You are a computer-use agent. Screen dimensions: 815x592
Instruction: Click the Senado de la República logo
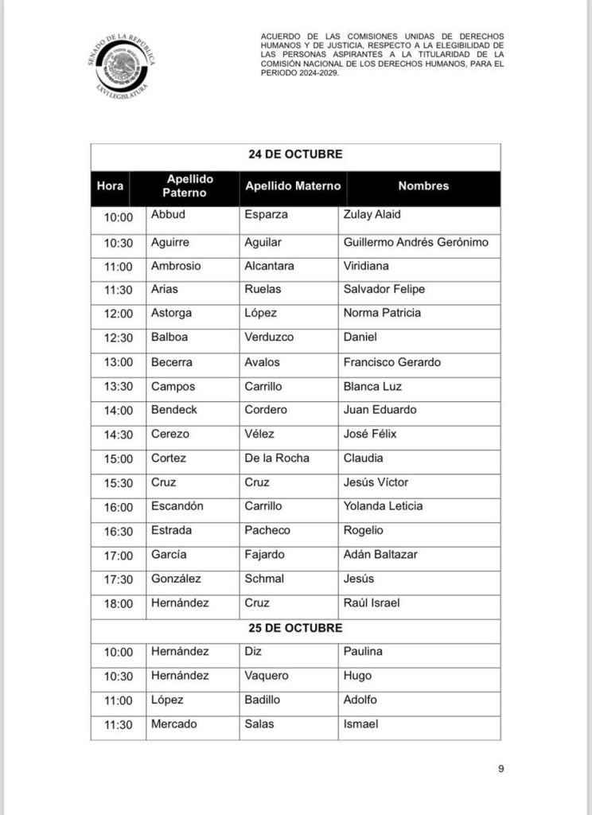pyautogui.click(x=122, y=67)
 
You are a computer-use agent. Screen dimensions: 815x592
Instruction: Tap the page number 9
pyautogui.click(x=501, y=768)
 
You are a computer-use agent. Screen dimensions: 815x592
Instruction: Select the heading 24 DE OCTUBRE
pyautogui.click(x=295, y=154)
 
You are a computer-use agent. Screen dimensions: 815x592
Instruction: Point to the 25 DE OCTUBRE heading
pyautogui.click(x=295, y=628)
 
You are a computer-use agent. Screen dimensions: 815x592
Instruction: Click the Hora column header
pyautogui.click(x=110, y=186)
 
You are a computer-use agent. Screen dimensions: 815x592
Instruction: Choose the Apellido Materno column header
pyautogui.click(x=293, y=186)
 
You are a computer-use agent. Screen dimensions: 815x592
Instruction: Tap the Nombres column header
pyautogui.click(x=423, y=186)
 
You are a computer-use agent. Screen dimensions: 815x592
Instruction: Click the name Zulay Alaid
pyautogui.click(x=372, y=215)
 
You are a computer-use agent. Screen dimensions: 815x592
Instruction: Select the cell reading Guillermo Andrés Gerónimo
pyautogui.click(x=415, y=242)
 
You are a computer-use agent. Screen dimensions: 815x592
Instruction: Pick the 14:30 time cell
pyautogui.click(x=118, y=435)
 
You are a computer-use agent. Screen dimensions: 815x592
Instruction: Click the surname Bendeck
pyautogui.click(x=174, y=410)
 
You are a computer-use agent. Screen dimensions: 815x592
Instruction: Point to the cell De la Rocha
pyautogui.click(x=277, y=458)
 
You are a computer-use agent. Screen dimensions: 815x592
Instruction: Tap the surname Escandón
pyautogui.click(x=177, y=506)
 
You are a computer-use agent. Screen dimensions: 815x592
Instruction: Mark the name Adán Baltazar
pyautogui.click(x=380, y=555)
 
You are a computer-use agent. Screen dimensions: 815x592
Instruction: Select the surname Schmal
pyautogui.click(x=264, y=579)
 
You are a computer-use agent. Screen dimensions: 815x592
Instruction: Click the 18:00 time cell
pyautogui.click(x=118, y=604)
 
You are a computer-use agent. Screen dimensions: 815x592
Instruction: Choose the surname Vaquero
pyautogui.click(x=267, y=676)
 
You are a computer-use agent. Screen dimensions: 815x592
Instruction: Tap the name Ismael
pyautogui.click(x=360, y=724)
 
